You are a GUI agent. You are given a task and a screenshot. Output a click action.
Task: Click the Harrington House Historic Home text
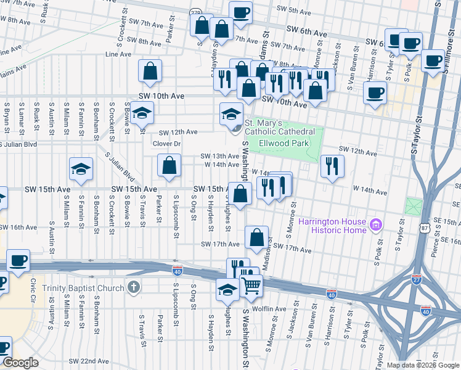pos(332,226)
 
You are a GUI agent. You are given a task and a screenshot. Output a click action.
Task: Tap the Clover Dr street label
pos(166,144)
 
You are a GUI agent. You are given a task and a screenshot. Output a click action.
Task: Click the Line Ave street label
pos(119,54)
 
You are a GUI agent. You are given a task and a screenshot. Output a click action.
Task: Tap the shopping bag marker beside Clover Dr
pos(169,165)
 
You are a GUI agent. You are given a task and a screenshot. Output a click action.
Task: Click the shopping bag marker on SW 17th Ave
pos(256,237)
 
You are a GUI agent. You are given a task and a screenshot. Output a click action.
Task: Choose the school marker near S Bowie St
pos(142,113)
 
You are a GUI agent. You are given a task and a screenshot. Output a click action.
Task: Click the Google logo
pos(21,363)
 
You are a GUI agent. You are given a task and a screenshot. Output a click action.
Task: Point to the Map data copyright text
pos(422,365)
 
